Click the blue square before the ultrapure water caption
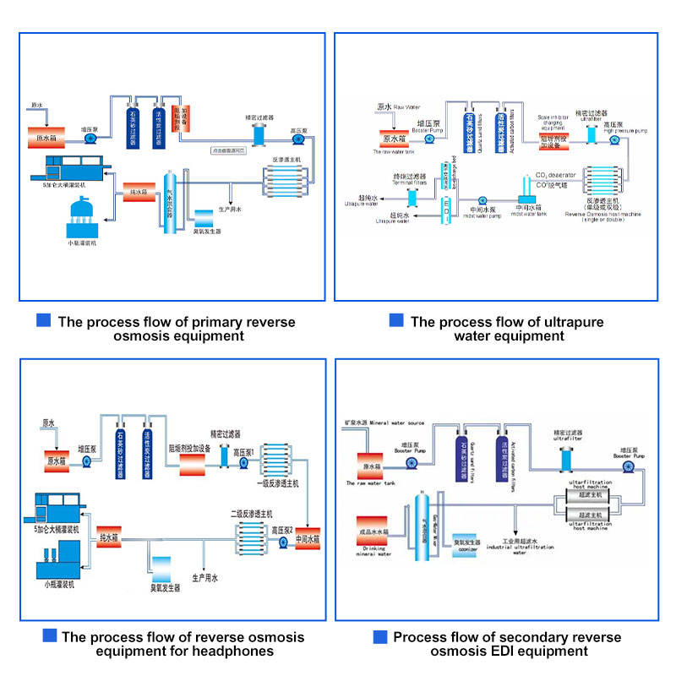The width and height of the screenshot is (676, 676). [395, 321]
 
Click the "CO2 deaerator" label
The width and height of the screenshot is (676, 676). [555, 175]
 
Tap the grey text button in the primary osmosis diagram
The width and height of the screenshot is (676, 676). [228, 150]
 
